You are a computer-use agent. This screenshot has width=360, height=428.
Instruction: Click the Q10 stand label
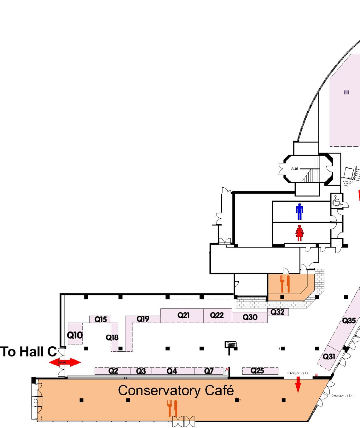click(x=75, y=335)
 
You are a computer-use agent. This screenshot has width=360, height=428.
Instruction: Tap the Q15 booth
click(x=101, y=320)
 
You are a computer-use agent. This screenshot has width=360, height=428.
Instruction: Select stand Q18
click(x=112, y=337)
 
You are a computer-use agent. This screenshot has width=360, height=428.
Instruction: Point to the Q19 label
click(x=143, y=319)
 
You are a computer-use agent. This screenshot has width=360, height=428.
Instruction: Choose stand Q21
click(x=183, y=315)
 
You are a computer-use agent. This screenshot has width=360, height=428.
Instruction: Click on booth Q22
click(x=217, y=315)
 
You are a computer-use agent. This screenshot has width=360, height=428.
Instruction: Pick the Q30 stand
click(x=250, y=317)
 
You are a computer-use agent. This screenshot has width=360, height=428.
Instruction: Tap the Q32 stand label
click(x=278, y=312)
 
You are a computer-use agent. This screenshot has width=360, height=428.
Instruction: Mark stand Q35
click(x=349, y=321)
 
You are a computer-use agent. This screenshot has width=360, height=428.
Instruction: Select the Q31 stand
click(x=329, y=357)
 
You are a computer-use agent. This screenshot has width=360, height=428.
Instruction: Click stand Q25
click(x=257, y=371)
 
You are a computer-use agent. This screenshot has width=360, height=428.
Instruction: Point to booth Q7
click(x=209, y=371)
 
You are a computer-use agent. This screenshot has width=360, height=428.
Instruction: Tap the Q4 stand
click(x=172, y=371)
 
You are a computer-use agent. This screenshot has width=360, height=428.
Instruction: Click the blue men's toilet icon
click(x=299, y=212)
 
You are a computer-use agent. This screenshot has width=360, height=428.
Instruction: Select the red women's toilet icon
click(x=299, y=233)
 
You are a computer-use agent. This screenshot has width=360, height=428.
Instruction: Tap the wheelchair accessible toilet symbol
click(x=336, y=201)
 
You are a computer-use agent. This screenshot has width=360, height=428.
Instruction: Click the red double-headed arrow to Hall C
click(x=65, y=362)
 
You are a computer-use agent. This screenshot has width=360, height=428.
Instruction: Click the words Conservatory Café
click(x=176, y=390)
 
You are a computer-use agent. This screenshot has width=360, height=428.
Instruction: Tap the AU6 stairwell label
click(x=294, y=169)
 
